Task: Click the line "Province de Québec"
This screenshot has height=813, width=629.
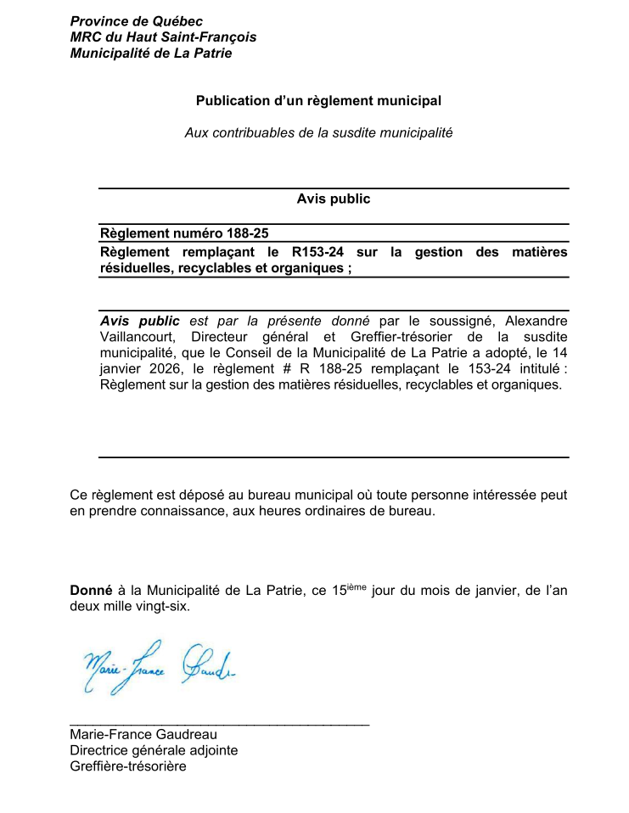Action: (136, 21)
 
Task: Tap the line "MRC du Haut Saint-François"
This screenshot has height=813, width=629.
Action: (163, 37)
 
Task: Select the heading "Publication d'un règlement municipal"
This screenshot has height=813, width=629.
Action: (318, 101)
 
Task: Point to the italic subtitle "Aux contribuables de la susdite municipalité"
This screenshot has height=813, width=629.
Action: (318, 133)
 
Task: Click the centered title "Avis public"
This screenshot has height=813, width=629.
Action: (334, 199)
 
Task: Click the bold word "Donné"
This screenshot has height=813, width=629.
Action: (90, 591)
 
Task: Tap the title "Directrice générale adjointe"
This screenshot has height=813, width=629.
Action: (154, 751)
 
